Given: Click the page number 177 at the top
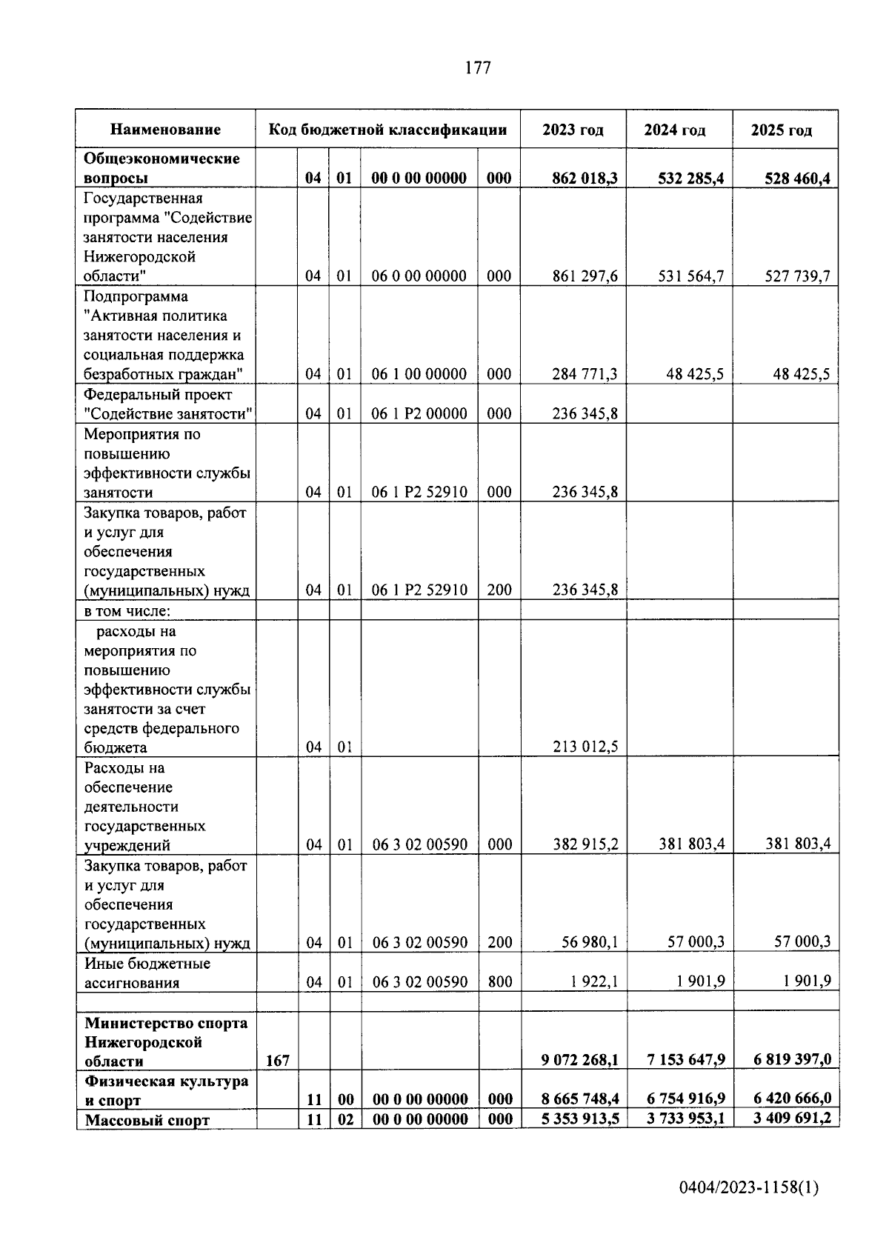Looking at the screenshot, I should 477,68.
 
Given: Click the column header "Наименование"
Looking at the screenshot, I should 165,130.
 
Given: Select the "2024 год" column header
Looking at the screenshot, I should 674,130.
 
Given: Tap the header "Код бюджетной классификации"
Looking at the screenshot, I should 387,130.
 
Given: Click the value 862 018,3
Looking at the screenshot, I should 585,179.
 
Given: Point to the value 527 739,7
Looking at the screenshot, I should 797,276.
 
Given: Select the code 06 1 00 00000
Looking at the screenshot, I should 419,374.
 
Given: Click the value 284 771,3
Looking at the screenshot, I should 585,374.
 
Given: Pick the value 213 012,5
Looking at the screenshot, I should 585,747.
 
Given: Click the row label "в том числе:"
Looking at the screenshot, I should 127,611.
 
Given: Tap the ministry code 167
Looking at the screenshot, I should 277,1061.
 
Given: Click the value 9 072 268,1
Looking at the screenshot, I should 579,1061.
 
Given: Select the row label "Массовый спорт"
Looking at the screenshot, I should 147,1120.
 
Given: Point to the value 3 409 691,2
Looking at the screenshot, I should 792,1118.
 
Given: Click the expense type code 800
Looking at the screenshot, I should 499,982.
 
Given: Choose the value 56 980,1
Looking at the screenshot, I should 589,942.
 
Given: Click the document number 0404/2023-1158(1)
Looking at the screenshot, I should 749,1188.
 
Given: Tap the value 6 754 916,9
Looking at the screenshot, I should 685,1100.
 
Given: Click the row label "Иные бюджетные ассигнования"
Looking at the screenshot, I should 147,973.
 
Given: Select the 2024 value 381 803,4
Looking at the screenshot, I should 690,844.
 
